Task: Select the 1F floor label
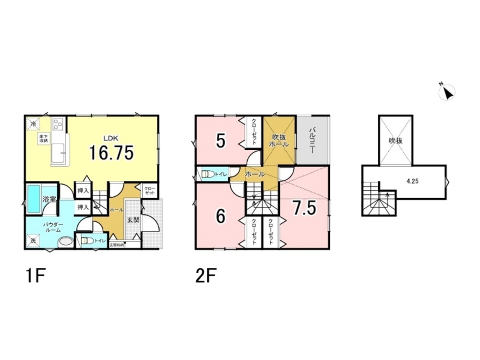click(x=36, y=277)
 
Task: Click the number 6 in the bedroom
click(x=220, y=216)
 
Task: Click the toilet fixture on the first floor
click(x=85, y=241)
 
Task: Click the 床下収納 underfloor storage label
click(x=44, y=138)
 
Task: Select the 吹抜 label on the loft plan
click(x=395, y=141)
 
